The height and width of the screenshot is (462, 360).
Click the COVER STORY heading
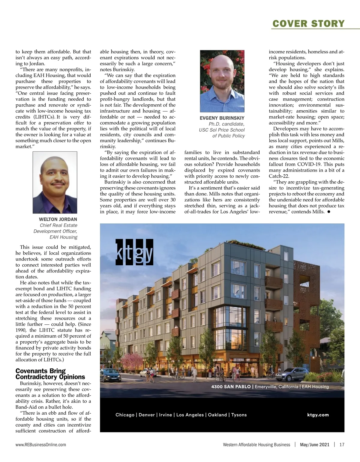point(308,23)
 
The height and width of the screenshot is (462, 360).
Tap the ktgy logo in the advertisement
point(134,252)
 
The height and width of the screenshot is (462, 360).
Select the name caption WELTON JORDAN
point(58,219)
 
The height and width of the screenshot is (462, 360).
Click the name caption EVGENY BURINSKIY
point(222,118)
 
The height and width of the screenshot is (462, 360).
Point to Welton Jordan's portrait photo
point(55,183)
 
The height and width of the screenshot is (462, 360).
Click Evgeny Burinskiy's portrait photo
point(222,81)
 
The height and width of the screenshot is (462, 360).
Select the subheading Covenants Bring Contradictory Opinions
point(50,374)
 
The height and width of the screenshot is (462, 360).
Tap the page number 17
point(342,445)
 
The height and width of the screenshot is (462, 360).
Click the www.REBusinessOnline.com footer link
point(41,445)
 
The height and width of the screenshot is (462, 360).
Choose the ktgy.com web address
point(318,415)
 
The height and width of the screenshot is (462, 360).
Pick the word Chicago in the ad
point(125,415)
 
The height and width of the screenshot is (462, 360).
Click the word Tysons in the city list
point(239,415)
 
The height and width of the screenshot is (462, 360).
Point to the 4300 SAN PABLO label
point(231,387)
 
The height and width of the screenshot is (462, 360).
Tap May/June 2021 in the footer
point(314,445)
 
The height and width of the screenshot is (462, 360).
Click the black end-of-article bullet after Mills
point(329,212)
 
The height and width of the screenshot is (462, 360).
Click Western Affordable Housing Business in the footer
point(256,445)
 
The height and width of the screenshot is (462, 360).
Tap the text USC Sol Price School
point(222,130)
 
